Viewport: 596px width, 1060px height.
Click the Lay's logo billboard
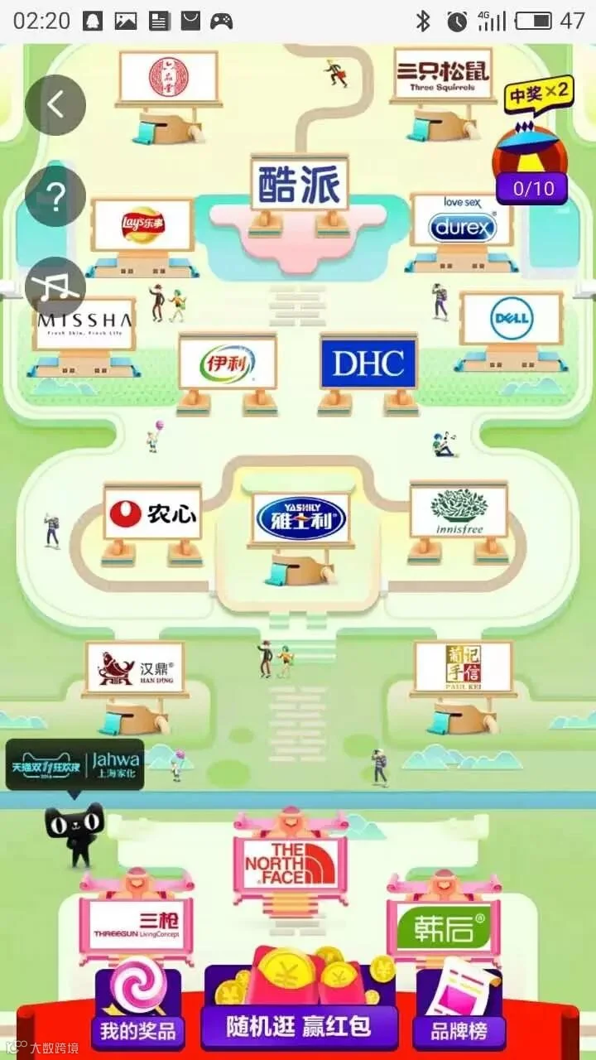pyautogui.click(x=142, y=225)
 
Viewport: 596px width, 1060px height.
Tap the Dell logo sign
pyautogui.click(x=512, y=319)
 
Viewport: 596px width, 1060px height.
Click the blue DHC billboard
pyautogui.click(x=368, y=362)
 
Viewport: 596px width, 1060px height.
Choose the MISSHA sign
pyautogui.click(x=84, y=323)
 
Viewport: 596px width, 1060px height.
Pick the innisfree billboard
pyautogui.click(x=459, y=511)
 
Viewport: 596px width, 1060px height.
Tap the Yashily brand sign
pyautogui.click(x=300, y=518)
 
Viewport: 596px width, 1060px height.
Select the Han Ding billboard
pyautogui.click(x=135, y=668)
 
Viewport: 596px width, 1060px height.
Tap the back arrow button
pyautogui.click(x=55, y=105)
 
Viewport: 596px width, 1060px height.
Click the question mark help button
pyautogui.click(x=55, y=196)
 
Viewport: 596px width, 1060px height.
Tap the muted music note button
pyautogui.click(x=55, y=286)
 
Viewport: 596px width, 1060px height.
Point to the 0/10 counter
pyautogui.click(x=533, y=188)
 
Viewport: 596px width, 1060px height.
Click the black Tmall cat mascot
pyautogui.click(x=75, y=832)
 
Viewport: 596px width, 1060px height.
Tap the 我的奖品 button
pyautogui.click(x=138, y=1031)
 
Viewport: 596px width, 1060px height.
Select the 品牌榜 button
pyautogui.click(x=459, y=1031)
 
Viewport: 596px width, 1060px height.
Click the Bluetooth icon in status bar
pyautogui.click(x=423, y=21)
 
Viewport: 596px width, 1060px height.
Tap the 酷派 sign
pyautogui.click(x=300, y=185)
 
